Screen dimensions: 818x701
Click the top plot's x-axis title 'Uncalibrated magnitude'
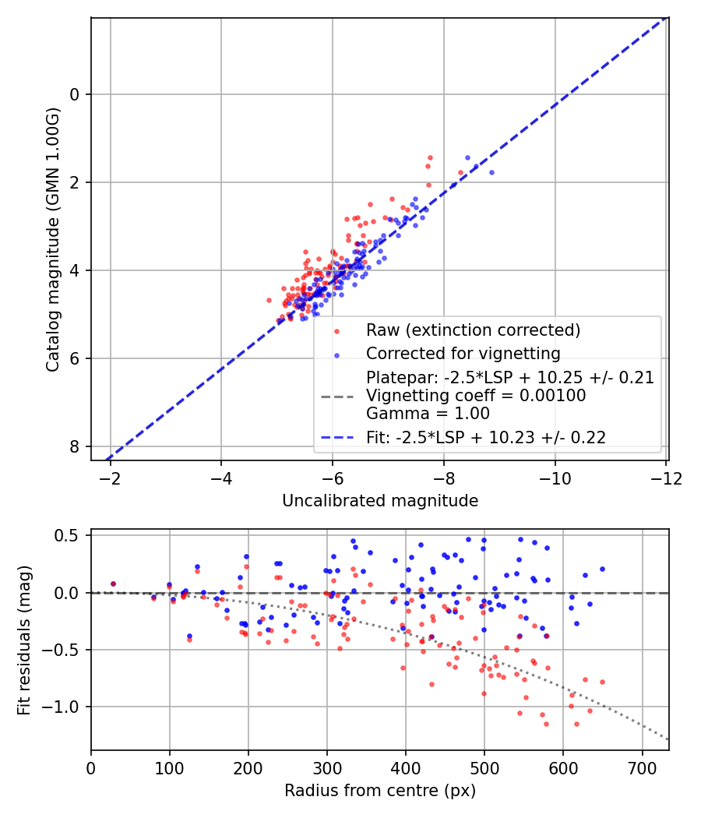pos(380,501)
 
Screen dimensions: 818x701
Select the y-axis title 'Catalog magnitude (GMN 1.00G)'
pos(52,238)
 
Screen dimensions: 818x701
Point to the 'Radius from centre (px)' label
pos(380,791)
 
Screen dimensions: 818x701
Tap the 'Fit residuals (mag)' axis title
pos(24,640)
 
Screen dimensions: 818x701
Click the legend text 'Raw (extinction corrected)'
pos(474,330)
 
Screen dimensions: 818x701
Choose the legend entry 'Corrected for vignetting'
pos(463,354)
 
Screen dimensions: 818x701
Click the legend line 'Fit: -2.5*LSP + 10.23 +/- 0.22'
pos(486,438)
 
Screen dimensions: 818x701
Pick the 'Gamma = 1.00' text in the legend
pos(428,414)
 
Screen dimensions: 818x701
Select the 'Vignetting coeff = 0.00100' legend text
pos(476,396)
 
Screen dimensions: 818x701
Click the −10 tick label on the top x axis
pos(555,478)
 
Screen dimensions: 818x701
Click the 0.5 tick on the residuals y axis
pos(70,535)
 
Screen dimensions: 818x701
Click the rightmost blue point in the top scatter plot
pos(491,172)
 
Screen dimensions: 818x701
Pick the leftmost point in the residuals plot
pos(113,584)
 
